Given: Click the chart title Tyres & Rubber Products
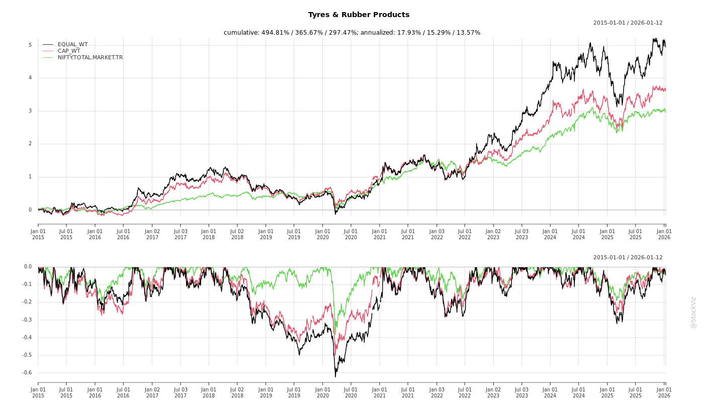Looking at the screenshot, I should tap(359, 15).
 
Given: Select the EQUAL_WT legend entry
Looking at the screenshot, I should tap(72, 45).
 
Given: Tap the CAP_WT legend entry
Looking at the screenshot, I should tap(68, 51).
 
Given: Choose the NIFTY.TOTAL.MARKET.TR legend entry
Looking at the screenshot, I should tap(90, 58).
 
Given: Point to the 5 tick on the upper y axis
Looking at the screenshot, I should tap(30, 45).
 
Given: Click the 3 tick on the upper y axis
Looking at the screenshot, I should tap(30, 111).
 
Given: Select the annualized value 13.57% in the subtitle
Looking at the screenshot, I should tap(469, 33).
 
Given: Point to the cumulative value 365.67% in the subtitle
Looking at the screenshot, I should tap(308, 33).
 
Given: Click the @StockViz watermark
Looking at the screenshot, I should tap(693, 312).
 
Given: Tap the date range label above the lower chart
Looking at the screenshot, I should tap(628, 258).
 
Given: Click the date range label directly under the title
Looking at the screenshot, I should tap(628, 23).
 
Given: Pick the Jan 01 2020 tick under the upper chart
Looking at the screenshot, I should tap(323, 234).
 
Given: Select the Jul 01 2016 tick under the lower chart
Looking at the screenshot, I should tap(123, 392).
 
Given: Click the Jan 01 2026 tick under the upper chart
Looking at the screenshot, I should tap(664, 234).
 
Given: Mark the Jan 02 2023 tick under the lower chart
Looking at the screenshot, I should tap(493, 392).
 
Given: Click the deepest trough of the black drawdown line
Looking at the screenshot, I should tap(335, 376).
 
